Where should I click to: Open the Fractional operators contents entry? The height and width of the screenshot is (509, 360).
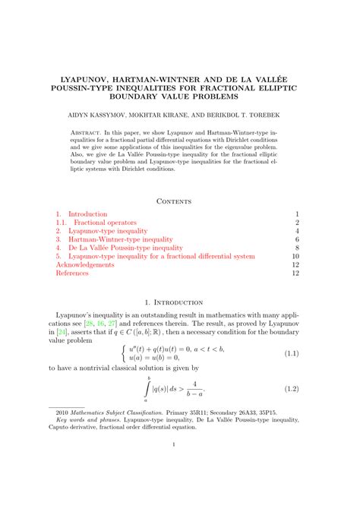pyautogui.click(x=105, y=223)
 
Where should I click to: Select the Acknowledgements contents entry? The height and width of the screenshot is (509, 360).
pyautogui.click(x=85, y=264)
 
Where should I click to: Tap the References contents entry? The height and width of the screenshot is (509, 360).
pyautogui.click(x=72, y=273)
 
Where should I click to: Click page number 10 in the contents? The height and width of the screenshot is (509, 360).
pyautogui.click(x=296, y=256)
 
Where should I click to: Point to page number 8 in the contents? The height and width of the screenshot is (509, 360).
pyautogui.click(x=298, y=248)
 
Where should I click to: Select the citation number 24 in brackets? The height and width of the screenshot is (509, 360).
pyautogui.click(x=70, y=332)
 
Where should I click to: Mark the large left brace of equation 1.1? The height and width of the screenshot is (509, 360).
pyautogui.click(x=124, y=353)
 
